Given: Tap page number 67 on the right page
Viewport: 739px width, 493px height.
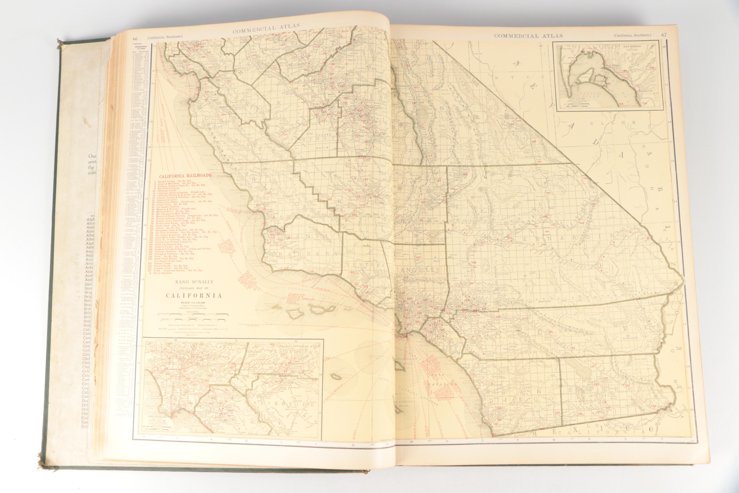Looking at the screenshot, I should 664,35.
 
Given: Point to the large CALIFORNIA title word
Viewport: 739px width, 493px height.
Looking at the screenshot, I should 194,296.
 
